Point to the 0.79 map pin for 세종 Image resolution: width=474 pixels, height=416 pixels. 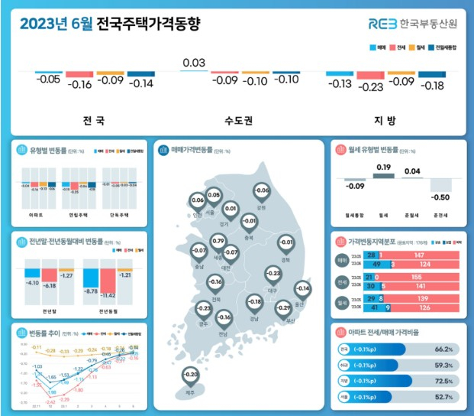(x=218, y=242)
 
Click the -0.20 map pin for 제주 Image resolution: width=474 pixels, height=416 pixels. (x=191, y=375)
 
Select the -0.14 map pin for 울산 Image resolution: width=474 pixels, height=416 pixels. (x=303, y=289)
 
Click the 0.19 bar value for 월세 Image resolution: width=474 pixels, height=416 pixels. (x=383, y=167)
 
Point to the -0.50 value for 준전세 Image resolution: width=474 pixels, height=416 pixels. (x=439, y=197)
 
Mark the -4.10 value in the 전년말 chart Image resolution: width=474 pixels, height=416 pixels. (x=31, y=283)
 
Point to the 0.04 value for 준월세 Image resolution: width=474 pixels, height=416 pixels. (x=411, y=171)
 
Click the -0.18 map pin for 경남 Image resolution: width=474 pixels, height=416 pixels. (x=253, y=303)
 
